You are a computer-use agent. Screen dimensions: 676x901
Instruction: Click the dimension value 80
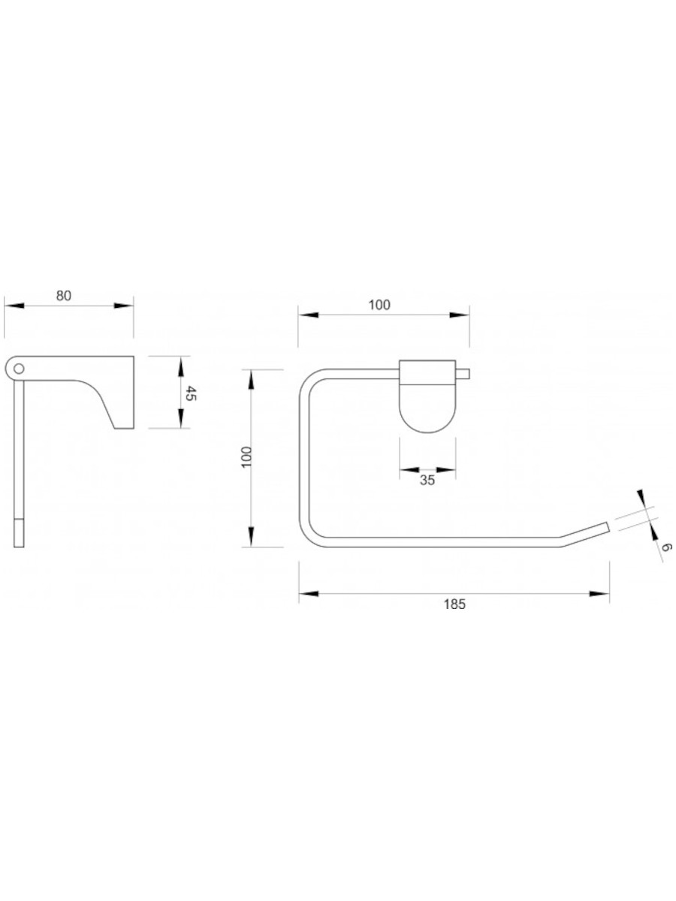point(64,296)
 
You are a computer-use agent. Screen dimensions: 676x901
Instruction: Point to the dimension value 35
point(427,481)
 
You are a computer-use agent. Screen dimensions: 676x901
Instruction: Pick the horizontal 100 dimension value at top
point(379,305)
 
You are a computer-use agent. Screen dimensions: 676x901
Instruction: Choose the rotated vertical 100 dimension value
point(246,457)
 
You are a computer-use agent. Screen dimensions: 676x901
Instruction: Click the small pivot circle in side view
point(19,369)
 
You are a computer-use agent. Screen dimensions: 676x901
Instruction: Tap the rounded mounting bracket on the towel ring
point(427,396)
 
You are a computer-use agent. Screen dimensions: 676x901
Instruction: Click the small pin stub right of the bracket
point(463,374)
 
